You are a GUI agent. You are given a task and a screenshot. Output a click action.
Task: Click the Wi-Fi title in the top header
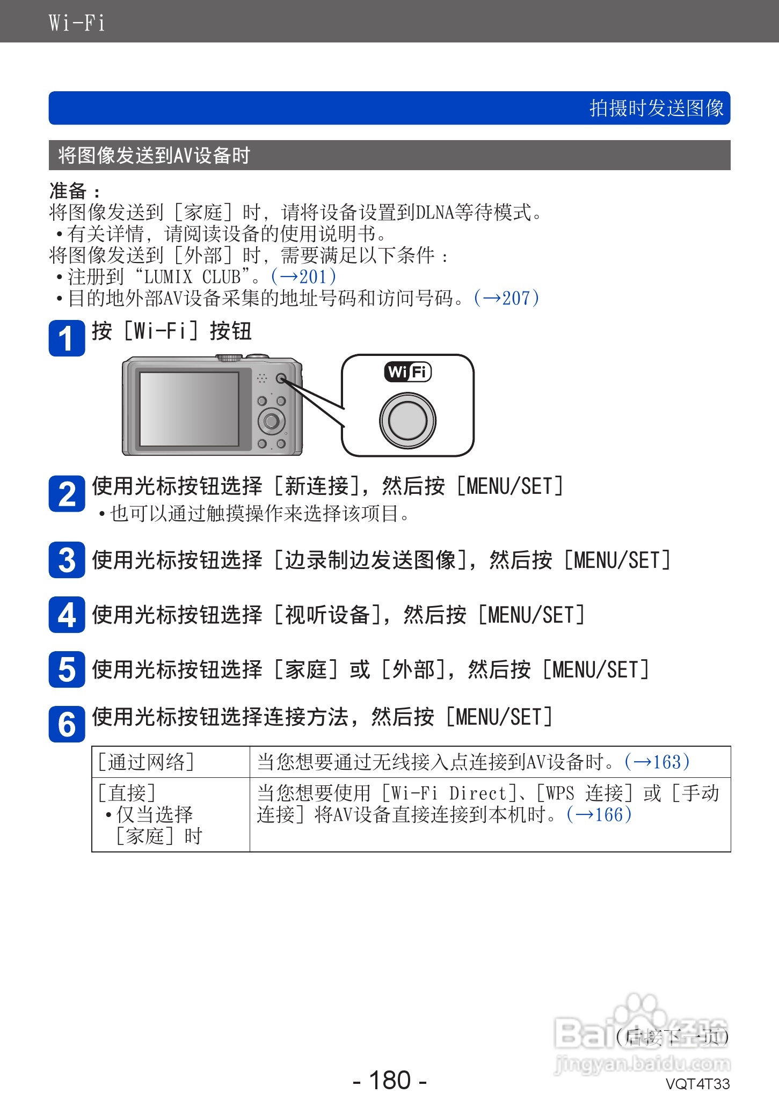pos(76,23)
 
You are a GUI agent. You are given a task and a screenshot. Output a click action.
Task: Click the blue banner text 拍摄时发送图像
pos(656,108)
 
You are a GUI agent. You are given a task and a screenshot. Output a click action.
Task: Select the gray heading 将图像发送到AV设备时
pos(154,156)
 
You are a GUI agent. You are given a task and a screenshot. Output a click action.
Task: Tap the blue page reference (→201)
pos(304,277)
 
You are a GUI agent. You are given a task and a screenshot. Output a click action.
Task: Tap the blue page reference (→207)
pos(506,298)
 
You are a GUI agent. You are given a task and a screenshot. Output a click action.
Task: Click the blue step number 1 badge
pos(67,338)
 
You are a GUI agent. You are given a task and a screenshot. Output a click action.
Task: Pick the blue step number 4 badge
pos(67,615)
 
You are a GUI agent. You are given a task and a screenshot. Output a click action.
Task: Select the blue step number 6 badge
pos(67,724)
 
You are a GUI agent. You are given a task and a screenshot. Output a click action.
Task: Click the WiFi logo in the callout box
pos(408,371)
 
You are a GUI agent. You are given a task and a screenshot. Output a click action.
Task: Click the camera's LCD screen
pos(189,409)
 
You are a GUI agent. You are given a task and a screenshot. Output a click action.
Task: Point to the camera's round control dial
pos(272,421)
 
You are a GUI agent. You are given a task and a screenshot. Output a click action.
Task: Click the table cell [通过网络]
pos(146,762)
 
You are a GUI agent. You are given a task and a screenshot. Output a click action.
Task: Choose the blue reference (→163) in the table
pos(657,762)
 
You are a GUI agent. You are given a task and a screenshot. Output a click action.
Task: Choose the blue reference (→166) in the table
pos(599,815)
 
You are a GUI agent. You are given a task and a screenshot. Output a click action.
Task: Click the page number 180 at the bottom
pos(390,1080)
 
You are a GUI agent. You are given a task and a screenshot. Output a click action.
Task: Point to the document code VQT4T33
pos(697,1084)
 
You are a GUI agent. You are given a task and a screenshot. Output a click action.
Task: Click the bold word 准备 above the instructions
pos(68,191)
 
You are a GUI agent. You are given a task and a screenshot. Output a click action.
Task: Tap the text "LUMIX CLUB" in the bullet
pos(192,277)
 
